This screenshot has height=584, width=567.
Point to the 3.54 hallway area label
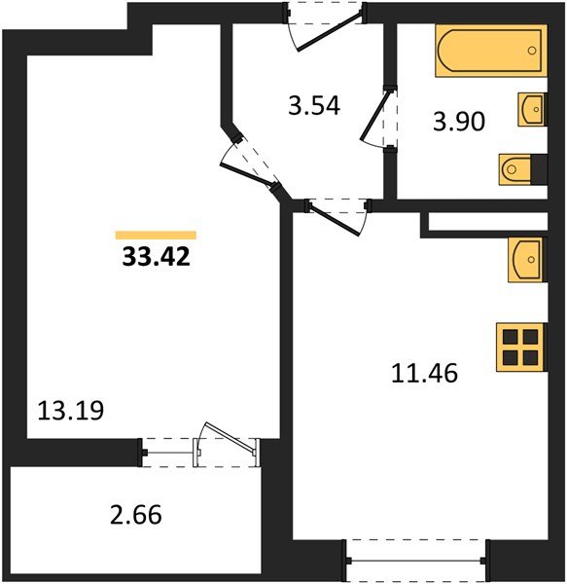coord(313,105)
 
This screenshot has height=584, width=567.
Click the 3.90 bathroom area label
coord(458,123)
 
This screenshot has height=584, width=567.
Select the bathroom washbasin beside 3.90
coord(530,110)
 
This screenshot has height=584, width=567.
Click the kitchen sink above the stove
coord(525,259)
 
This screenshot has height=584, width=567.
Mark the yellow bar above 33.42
coord(156,235)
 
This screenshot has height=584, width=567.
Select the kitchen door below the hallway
coord(337,210)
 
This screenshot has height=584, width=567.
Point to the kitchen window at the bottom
coord(415,560)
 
